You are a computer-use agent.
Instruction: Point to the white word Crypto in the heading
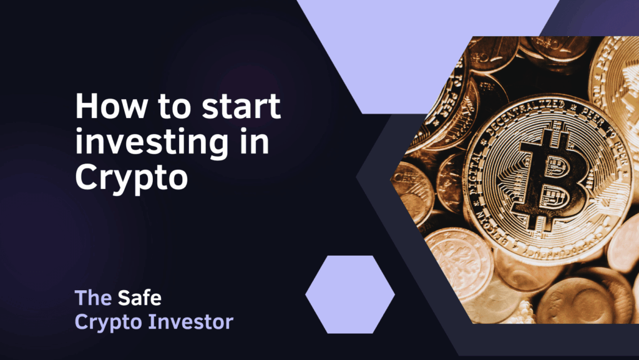(131, 178)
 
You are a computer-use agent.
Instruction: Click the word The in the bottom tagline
(93, 298)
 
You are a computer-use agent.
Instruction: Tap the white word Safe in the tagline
(140, 298)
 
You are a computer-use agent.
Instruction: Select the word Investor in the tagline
(191, 322)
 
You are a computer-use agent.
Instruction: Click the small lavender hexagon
(350, 294)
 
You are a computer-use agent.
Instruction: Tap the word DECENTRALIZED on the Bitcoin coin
(525, 116)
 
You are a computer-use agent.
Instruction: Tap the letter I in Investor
(151, 322)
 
